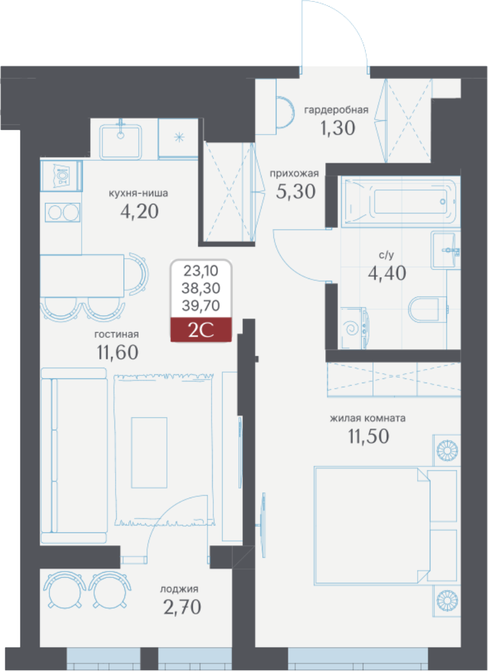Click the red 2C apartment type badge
pyautogui.click(x=201, y=330)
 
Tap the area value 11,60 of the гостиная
pyautogui.click(x=118, y=353)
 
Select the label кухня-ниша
pyautogui.click(x=138, y=194)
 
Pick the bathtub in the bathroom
pyautogui.click(x=400, y=201)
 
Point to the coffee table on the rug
pyautogui.click(x=149, y=453)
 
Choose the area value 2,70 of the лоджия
pyautogui.click(x=182, y=607)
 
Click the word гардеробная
pyautogui.click(x=336, y=110)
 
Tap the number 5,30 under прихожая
pyautogui.click(x=296, y=192)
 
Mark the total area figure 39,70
pyautogui.click(x=201, y=306)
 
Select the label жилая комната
pyautogui.click(x=368, y=418)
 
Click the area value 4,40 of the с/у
pyautogui.click(x=387, y=274)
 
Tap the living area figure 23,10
pyautogui.click(x=201, y=271)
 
